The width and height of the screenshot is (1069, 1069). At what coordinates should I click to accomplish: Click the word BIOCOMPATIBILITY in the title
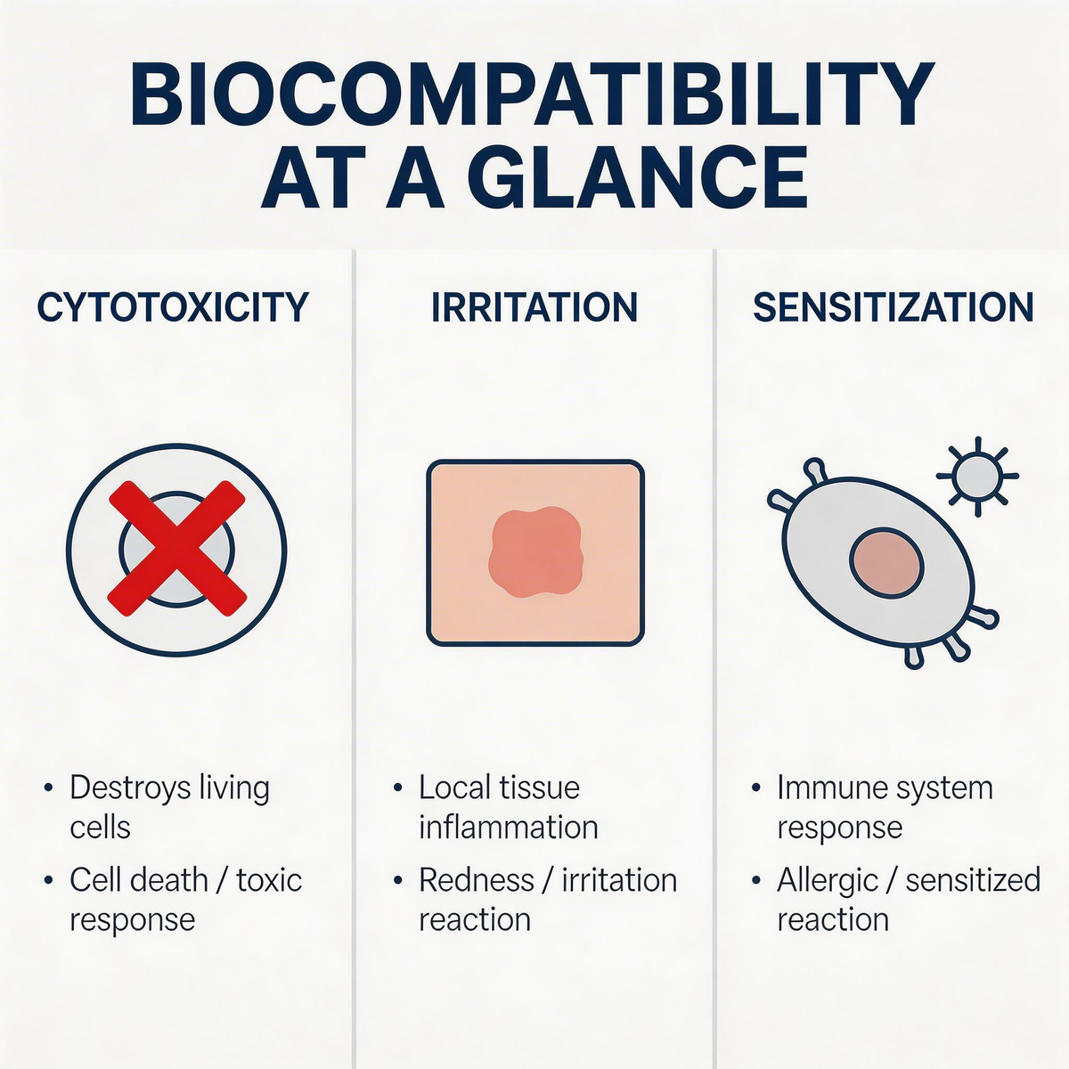[533, 94]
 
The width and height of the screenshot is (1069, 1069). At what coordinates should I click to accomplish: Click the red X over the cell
[176, 548]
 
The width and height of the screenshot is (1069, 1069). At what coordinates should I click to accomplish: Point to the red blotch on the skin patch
[535, 552]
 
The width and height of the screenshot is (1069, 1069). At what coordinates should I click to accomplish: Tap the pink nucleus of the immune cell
[886, 566]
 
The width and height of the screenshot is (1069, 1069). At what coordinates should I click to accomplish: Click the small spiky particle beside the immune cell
[977, 476]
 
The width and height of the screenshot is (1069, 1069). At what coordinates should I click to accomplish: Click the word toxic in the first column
[270, 880]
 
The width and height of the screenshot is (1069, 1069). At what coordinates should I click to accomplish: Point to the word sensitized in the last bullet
[973, 880]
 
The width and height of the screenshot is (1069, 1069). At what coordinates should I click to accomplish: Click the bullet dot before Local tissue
[397, 788]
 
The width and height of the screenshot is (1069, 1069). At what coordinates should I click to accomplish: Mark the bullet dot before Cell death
[48, 880]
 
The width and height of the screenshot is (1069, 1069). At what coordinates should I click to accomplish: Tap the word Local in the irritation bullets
[453, 787]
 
